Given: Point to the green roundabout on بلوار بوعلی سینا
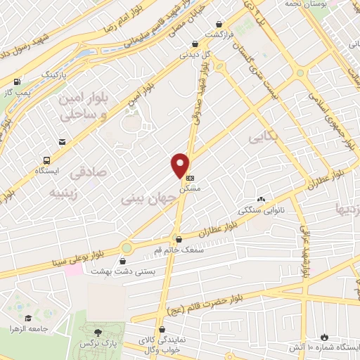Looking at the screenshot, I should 127,247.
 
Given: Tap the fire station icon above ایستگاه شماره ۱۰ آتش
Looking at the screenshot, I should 323,337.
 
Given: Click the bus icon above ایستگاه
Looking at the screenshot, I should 46,160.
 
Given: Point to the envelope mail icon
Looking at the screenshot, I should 63,143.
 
